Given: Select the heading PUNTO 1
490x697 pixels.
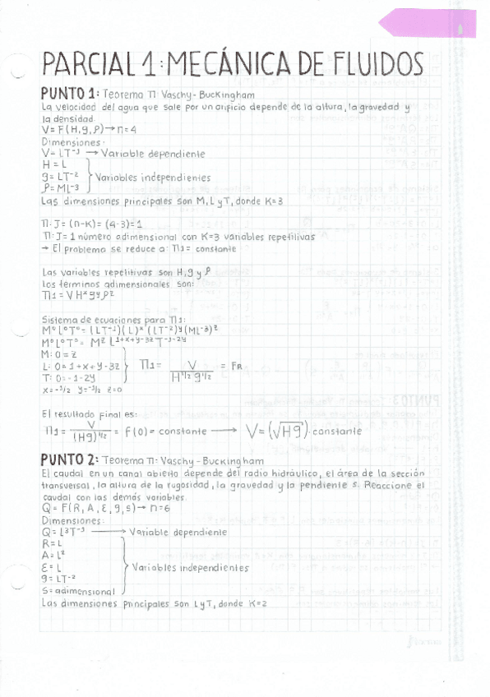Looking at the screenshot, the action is click(x=70, y=94).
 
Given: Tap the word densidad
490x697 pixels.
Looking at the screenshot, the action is click(x=64, y=118).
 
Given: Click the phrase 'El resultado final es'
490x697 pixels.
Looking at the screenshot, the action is click(x=83, y=415).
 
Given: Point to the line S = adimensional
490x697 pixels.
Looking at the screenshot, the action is click(x=77, y=590).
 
